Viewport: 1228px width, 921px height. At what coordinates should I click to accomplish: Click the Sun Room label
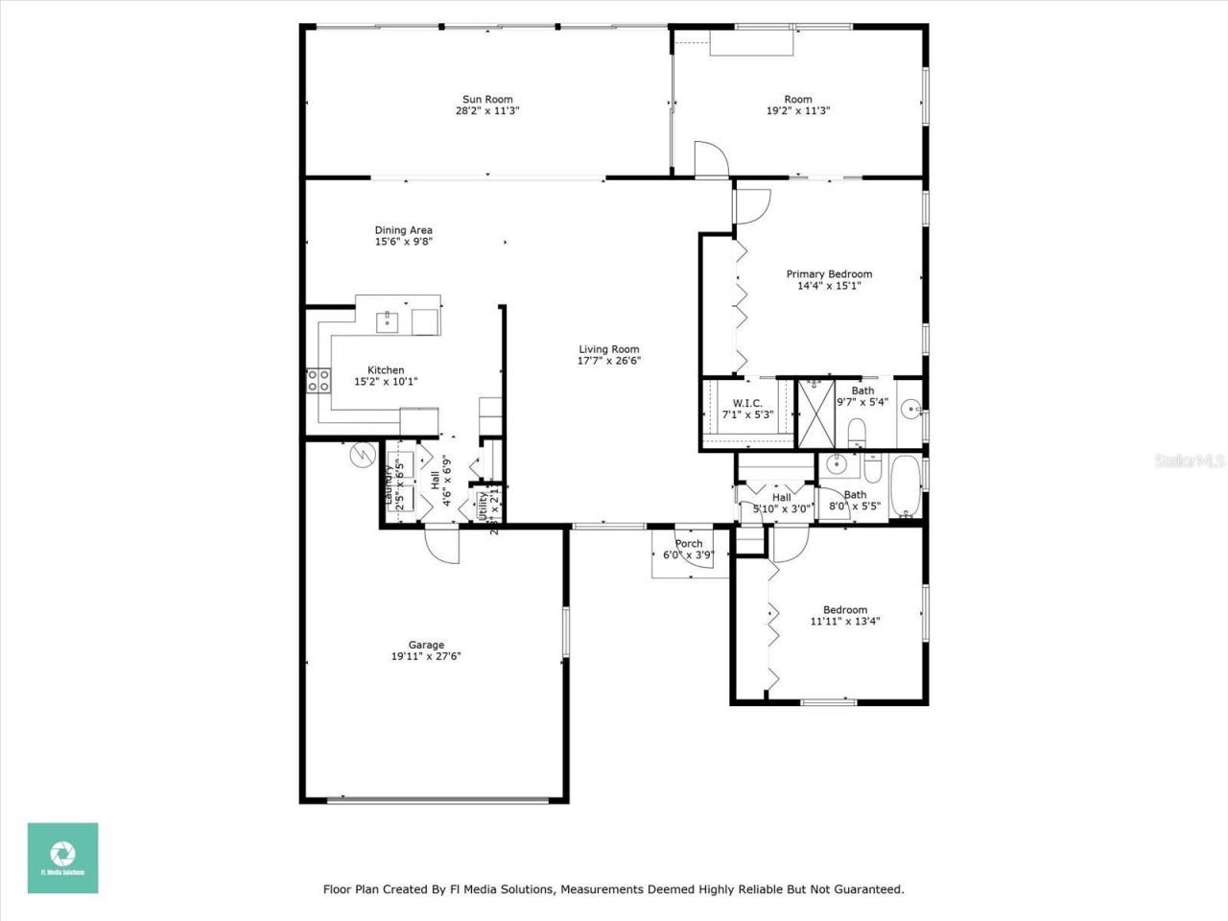(x=487, y=99)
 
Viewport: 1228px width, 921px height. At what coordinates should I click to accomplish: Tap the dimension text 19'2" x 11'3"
(x=797, y=111)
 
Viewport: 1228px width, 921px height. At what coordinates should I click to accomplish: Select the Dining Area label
(x=403, y=230)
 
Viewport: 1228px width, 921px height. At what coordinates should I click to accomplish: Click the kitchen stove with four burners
(x=318, y=381)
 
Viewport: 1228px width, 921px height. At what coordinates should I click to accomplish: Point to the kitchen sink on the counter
(x=387, y=320)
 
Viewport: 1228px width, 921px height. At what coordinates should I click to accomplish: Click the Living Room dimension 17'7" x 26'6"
(x=608, y=362)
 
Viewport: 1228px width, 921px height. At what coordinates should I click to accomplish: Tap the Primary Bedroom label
(x=829, y=274)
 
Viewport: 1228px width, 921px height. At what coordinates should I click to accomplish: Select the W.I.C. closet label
(x=747, y=403)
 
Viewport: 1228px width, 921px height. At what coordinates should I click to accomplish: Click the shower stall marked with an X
(x=817, y=413)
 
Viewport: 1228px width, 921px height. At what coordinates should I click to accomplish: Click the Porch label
(x=688, y=544)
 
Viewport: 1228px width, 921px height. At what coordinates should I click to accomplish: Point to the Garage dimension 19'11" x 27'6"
(x=426, y=657)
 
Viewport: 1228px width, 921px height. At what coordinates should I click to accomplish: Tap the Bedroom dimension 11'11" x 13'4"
(x=844, y=622)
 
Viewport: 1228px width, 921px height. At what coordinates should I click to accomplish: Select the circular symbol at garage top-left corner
(x=363, y=454)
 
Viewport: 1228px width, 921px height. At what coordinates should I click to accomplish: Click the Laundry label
(x=389, y=485)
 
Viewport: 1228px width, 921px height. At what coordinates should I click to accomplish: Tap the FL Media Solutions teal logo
(x=62, y=858)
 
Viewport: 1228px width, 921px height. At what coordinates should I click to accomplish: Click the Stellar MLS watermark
(x=1189, y=461)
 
